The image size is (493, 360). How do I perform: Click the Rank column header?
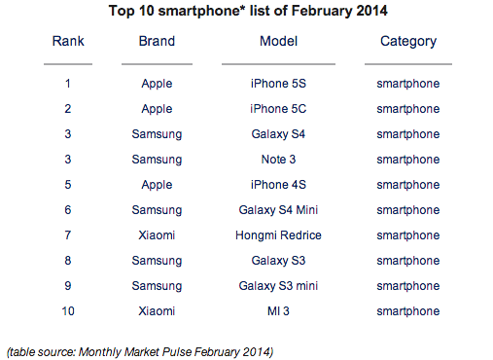point(68,41)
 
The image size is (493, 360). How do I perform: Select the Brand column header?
point(157,41)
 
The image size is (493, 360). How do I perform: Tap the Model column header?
point(278,41)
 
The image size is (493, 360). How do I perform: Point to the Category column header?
point(408,42)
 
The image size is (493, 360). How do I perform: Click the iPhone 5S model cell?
point(278,84)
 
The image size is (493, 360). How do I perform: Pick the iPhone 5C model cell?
point(278,109)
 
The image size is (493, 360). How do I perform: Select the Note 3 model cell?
point(278,160)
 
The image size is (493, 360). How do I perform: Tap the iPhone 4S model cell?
point(278,185)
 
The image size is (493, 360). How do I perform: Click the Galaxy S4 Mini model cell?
point(278,210)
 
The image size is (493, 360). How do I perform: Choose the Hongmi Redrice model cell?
point(278,235)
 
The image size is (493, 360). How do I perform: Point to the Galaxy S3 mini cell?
point(278,286)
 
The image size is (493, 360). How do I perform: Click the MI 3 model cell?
point(278,311)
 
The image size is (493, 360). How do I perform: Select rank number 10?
point(68,311)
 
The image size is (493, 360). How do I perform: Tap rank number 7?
point(68,235)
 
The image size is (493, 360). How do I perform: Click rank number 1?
point(68,84)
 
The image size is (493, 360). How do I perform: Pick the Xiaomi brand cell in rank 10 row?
point(157,311)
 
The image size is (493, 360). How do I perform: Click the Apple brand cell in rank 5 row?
point(157,185)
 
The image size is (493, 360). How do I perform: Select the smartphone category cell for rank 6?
point(408,210)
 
